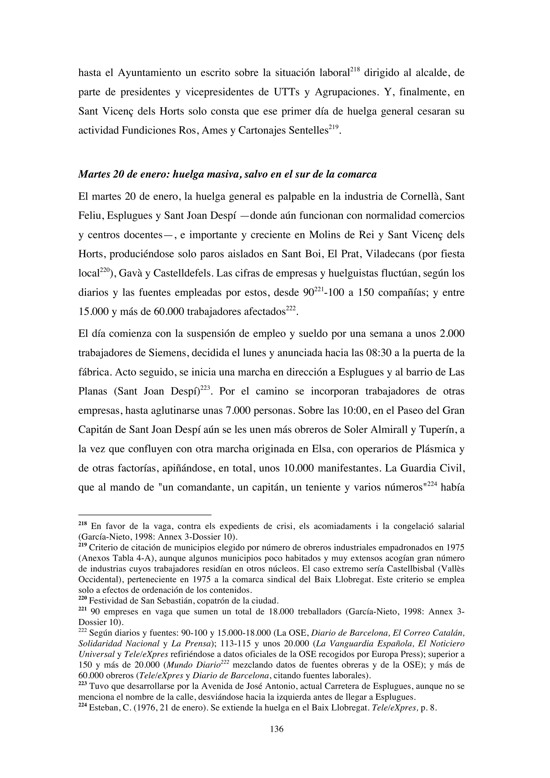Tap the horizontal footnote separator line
(x=145, y=515)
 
